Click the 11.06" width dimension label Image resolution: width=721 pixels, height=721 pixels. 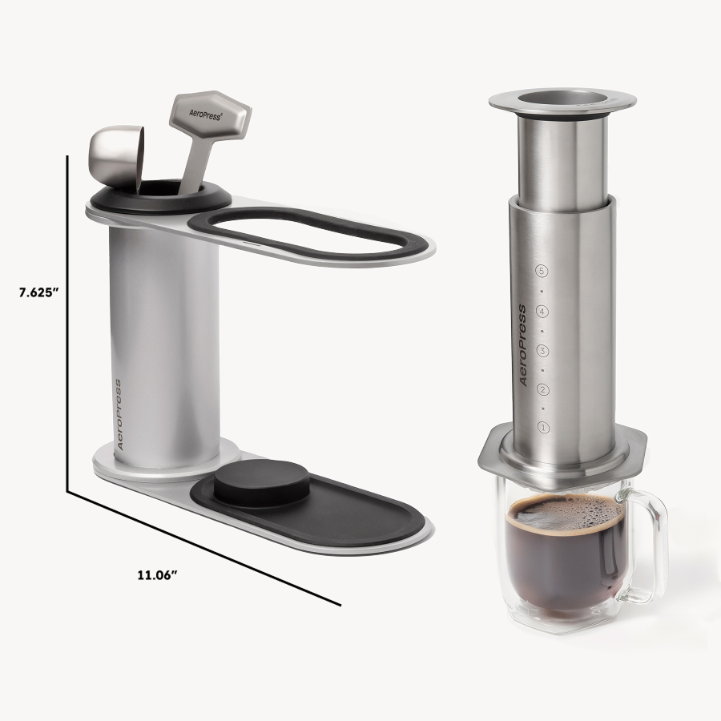click(157, 574)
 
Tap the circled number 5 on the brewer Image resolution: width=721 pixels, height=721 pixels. click(542, 271)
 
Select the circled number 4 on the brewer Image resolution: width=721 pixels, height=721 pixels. click(542, 311)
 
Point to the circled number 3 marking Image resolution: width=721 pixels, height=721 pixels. click(542, 350)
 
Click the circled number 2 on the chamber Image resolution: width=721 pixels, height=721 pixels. click(542, 389)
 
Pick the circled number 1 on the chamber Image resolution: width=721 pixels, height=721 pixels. click(542, 428)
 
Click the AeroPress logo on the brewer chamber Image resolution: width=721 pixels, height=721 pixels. click(522, 345)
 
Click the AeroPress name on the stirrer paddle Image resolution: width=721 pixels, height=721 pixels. click(207, 115)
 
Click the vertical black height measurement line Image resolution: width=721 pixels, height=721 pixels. click(67, 320)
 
